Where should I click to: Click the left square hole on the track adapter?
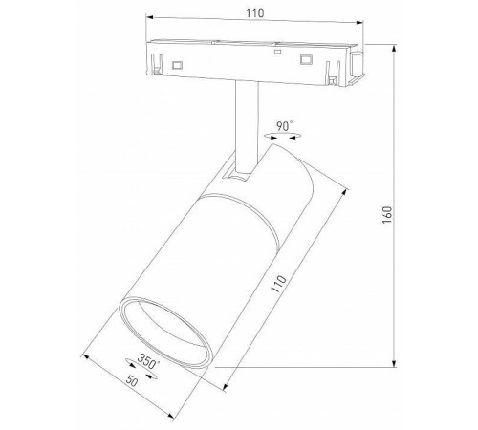179,64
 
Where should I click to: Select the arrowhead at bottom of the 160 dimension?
394,363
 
